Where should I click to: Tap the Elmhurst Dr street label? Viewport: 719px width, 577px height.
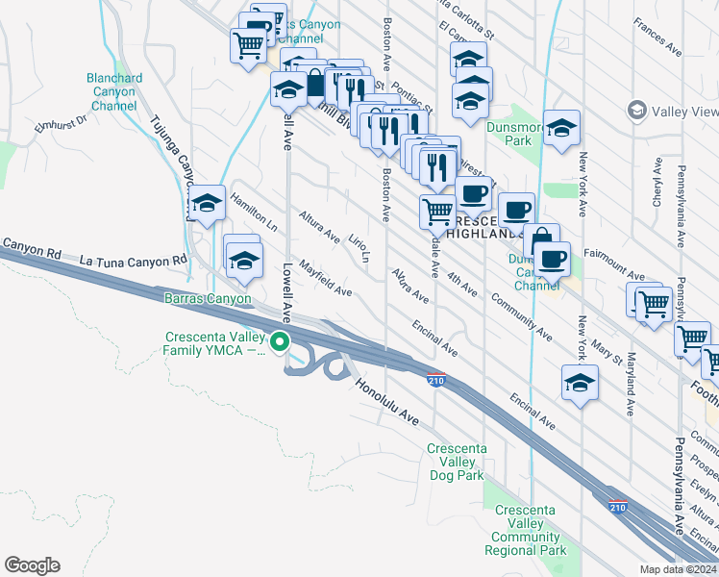[x=61, y=122]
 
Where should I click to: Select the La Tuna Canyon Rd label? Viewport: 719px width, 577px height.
[x=133, y=261]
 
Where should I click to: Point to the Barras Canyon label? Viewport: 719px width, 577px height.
[x=209, y=298]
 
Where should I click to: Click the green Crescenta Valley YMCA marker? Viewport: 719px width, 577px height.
[x=280, y=341]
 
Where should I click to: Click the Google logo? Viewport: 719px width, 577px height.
[x=32, y=564]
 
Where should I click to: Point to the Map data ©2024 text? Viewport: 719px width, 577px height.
[x=678, y=569]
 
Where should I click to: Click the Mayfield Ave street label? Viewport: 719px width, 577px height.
[x=325, y=277]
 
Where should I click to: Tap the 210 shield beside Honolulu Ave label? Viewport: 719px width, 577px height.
[x=436, y=381]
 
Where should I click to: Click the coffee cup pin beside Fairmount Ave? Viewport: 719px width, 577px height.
[x=553, y=258]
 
